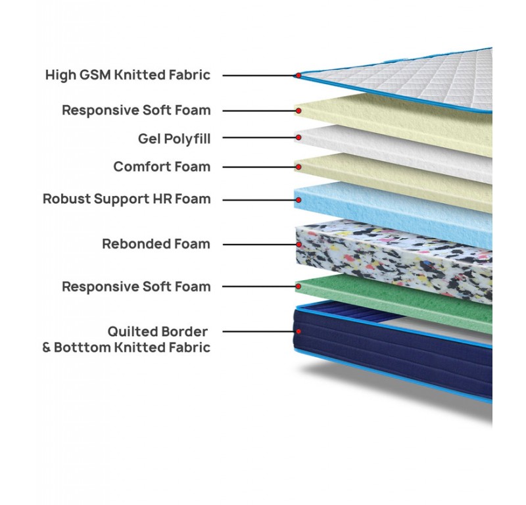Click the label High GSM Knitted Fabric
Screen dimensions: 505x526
click(128, 75)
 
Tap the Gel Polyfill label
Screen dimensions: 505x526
click(174, 138)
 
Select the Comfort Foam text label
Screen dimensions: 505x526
click(162, 166)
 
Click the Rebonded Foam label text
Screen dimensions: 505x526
click(156, 244)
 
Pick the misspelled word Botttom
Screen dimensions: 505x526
click(82, 347)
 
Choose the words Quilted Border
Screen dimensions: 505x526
click(158, 331)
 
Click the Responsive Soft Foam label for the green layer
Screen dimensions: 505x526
click(136, 287)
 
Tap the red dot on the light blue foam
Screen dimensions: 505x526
click(298, 198)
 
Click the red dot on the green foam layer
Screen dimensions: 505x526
click(298, 287)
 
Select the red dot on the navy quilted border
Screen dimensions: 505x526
click(298, 331)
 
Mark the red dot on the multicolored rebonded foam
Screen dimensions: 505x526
click(298, 244)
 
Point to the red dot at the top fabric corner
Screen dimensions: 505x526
click(298, 75)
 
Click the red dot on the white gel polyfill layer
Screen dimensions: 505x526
click(298, 138)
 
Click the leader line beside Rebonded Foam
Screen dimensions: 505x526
click(256, 244)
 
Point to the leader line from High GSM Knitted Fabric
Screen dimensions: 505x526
click(256, 75)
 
